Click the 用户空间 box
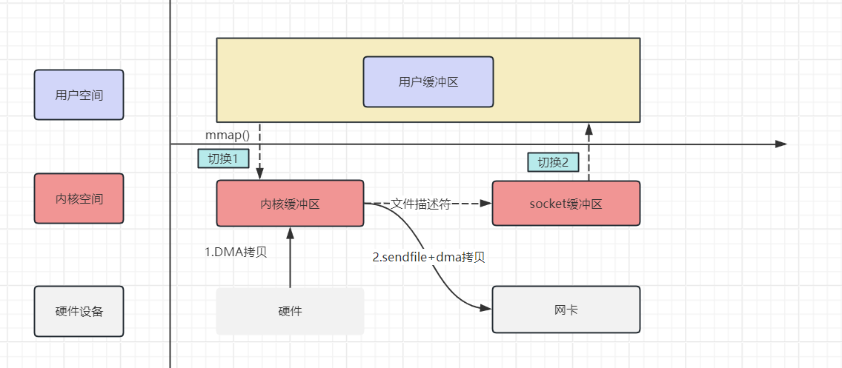pyautogui.click(x=79, y=95)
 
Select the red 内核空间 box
pyautogui.click(x=79, y=198)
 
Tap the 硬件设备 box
pyautogui.click(x=79, y=311)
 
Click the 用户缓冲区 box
pyautogui.click(x=428, y=82)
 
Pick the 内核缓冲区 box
pyautogui.click(x=290, y=204)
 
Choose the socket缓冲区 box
pyautogui.click(x=566, y=204)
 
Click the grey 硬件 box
pyautogui.click(x=290, y=311)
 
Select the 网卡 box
pyautogui.click(x=566, y=310)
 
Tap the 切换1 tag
pyautogui.click(x=223, y=158)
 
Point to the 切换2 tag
pyautogui.click(x=553, y=162)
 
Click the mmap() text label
pyautogui.click(x=227, y=136)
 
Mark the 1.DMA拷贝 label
pyautogui.click(x=236, y=251)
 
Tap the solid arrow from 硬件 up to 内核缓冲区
pyautogui.click(x=290, y=259)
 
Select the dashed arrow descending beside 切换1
pyautogui.click(x=260, y=152)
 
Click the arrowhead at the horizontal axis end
pyautogui.click(x=780, y=144)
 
